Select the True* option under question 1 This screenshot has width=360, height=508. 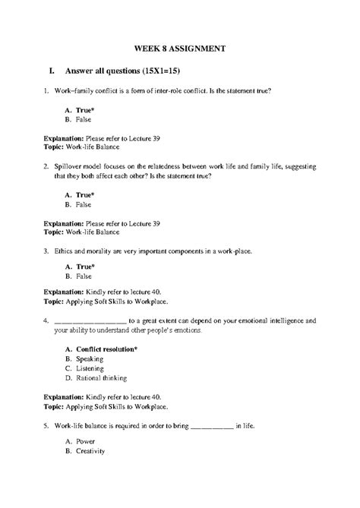79,110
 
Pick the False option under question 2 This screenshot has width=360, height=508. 78,204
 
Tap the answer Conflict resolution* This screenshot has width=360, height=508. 102,349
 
